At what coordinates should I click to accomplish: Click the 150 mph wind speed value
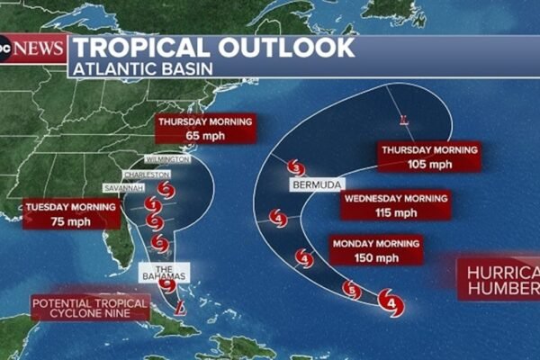375,257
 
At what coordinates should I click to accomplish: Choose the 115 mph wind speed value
394,212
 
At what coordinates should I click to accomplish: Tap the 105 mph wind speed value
428,164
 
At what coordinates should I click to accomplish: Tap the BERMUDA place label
315,184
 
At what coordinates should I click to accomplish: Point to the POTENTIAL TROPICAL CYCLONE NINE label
89,310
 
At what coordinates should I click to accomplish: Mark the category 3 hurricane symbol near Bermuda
296,167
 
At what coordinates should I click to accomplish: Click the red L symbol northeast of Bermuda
404,118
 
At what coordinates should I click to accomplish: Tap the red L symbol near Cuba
181,308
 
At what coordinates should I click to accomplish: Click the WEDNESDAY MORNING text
395,199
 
